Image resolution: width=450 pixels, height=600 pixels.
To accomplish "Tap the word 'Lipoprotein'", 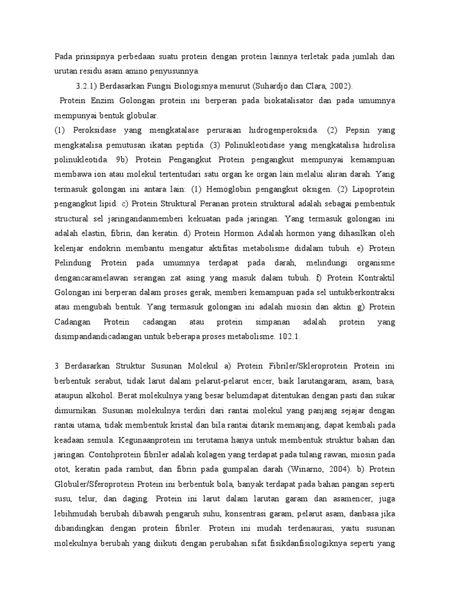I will point(372,189).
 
